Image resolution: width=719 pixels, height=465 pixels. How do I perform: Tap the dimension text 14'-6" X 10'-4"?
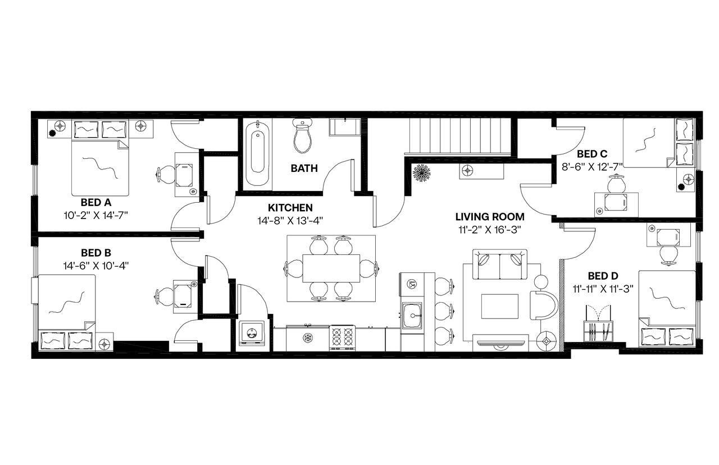tap(97, 266)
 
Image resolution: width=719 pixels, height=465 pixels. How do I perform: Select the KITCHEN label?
tap(290, 208)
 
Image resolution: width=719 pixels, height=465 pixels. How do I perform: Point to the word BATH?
tap(304, 168)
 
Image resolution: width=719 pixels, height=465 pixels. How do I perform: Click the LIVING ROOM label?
tap(490, 216)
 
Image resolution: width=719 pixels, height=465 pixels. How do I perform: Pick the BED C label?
tap(592, 153)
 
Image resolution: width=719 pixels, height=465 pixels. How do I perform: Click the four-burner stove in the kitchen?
tap(342, 337)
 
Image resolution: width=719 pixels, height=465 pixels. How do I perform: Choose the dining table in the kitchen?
tap(331, 268)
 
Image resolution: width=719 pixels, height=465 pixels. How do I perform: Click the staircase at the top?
tap(458, 136)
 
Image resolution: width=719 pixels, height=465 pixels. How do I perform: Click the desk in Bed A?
tap(183, 175)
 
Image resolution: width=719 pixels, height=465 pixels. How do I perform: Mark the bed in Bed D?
tap(667, 309)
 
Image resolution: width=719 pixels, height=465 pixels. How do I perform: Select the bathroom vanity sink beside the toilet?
tap(343, 127)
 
